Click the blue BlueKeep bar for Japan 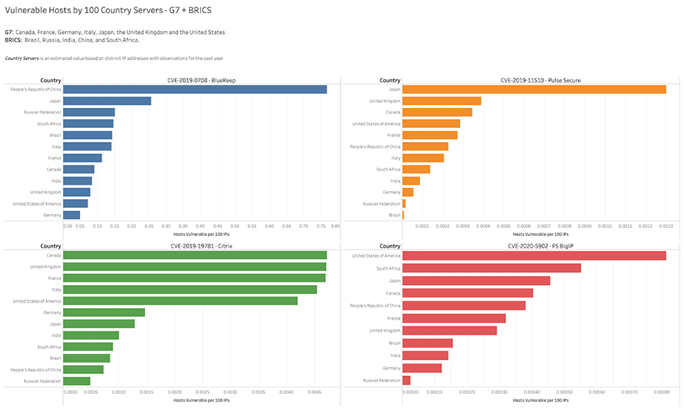point(107,101)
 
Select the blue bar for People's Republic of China point(195,89)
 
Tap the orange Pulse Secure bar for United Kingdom point(441,101)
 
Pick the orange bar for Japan point(534,89)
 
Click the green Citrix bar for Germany point(104,312)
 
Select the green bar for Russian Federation point(76,381)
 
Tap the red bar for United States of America point(534,256)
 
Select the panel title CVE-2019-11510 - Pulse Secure point(541,80)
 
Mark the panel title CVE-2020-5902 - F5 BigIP point(541,246)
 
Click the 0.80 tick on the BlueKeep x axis point(335,226)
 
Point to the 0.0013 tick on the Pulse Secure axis point(666,226)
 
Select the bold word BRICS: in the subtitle point(13,40)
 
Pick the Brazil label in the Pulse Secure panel point(395,215)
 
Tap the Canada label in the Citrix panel point(53,256)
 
